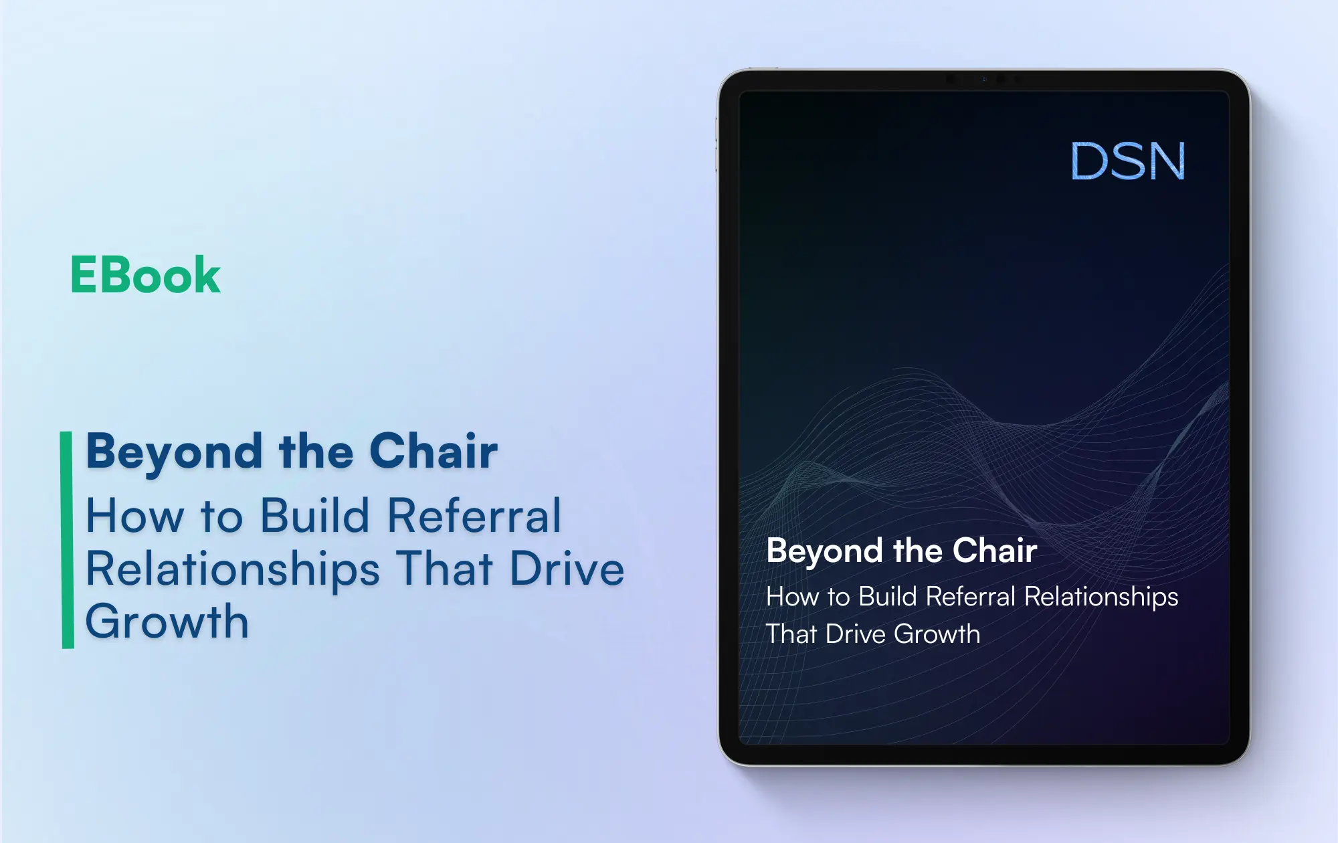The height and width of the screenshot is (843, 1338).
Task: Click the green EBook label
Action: pos(145,275)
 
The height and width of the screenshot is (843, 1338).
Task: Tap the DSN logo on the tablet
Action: pos(1128,161)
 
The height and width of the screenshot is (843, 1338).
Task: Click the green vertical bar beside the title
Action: pos(68,540)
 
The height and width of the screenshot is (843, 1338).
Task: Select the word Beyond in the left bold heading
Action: pos(175,453)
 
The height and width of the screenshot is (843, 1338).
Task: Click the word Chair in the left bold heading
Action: pos(434,452)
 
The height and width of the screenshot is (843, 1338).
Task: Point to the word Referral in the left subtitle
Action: pos(474,516)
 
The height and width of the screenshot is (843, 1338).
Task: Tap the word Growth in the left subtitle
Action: pos(167,622)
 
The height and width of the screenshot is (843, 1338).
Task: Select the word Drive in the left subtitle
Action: pos(567,569)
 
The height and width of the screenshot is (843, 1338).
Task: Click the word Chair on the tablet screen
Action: pos(995,551)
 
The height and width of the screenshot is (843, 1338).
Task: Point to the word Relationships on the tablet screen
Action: pos(1101,597)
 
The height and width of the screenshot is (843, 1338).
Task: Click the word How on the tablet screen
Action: pos(792,596)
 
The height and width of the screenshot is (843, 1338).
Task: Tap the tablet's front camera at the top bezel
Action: pos(1001,79)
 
